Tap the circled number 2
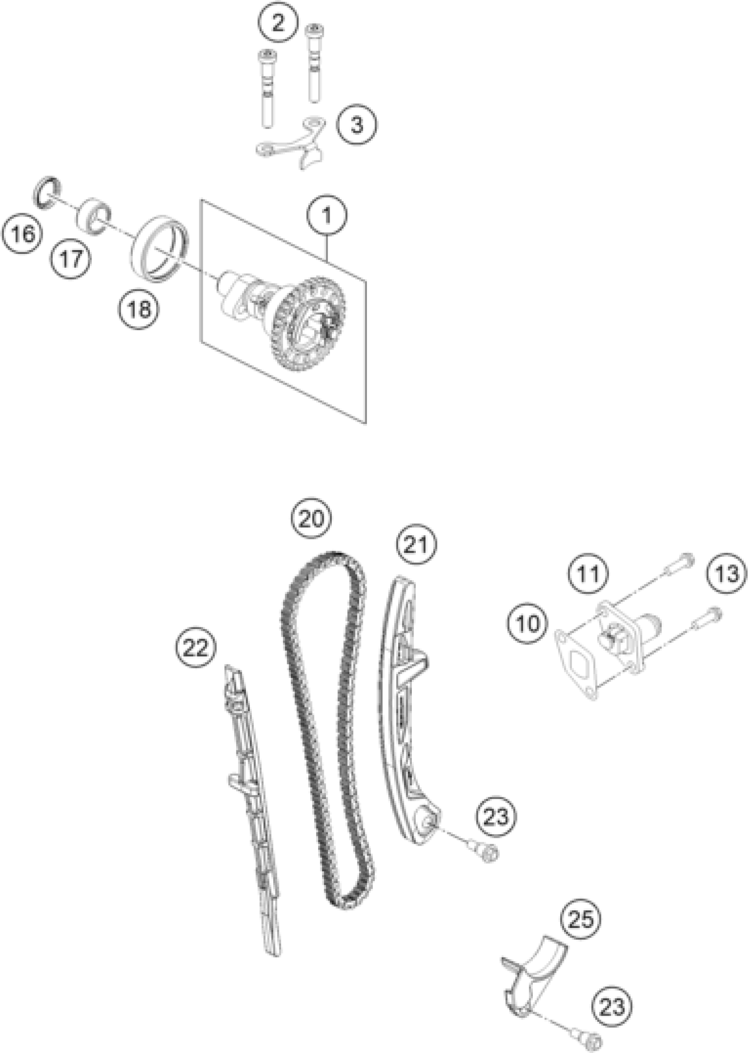tap(278, 22)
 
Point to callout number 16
tap(21, 234)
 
